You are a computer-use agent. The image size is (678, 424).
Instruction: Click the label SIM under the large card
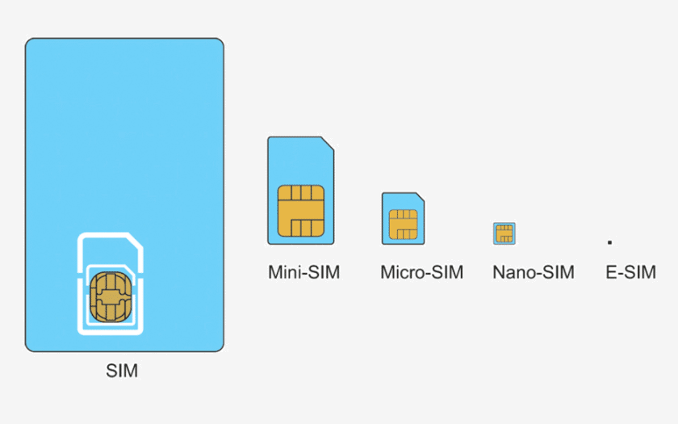[122, 372]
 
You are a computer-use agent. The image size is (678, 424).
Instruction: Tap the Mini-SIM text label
[303, 272]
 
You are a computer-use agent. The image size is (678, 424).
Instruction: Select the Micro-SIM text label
[421, 272]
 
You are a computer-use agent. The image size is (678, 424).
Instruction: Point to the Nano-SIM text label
[534, 272]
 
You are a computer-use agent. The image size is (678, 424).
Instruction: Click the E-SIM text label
[630, 272]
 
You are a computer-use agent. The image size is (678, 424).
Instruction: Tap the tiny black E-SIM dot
[610, 241]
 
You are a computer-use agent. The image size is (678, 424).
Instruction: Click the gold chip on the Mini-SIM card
[301, 210]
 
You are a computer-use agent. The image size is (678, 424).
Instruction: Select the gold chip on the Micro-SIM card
[403, 224]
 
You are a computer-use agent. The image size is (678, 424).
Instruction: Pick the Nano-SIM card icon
[504, 233]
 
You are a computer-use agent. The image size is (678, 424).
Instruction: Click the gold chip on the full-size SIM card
[111, 295]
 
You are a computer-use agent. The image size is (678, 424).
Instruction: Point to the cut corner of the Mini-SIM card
[329, 144]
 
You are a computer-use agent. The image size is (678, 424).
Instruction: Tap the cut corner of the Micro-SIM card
[421, 196]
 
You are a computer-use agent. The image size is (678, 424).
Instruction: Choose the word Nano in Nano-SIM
[512, 272]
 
